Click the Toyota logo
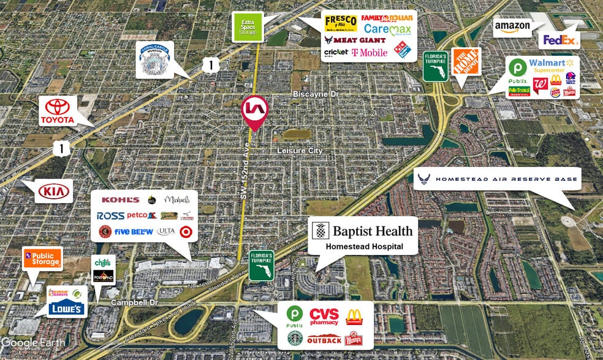[x=58, y=111]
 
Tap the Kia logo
[x=55, y=191]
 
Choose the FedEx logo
[x=558, y=40]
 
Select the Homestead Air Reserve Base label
[x=506, y=179]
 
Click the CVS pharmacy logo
[x=324, y=316]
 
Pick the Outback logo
[x=324, y=340]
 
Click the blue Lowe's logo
[x=66, y=308]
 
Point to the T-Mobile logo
[x=370, y=52]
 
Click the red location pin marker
[x=255, y=110]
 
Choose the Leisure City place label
[x=300, y=150]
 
